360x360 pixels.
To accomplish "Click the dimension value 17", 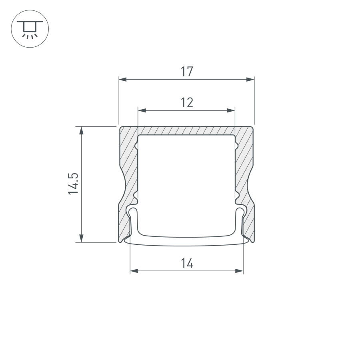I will pos(186,72).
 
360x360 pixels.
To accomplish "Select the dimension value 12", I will pos(186,103).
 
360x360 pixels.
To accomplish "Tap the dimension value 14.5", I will pos(73,184).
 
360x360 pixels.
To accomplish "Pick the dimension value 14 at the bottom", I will pos(186,263).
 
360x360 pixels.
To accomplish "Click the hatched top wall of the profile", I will pos(186,131).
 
